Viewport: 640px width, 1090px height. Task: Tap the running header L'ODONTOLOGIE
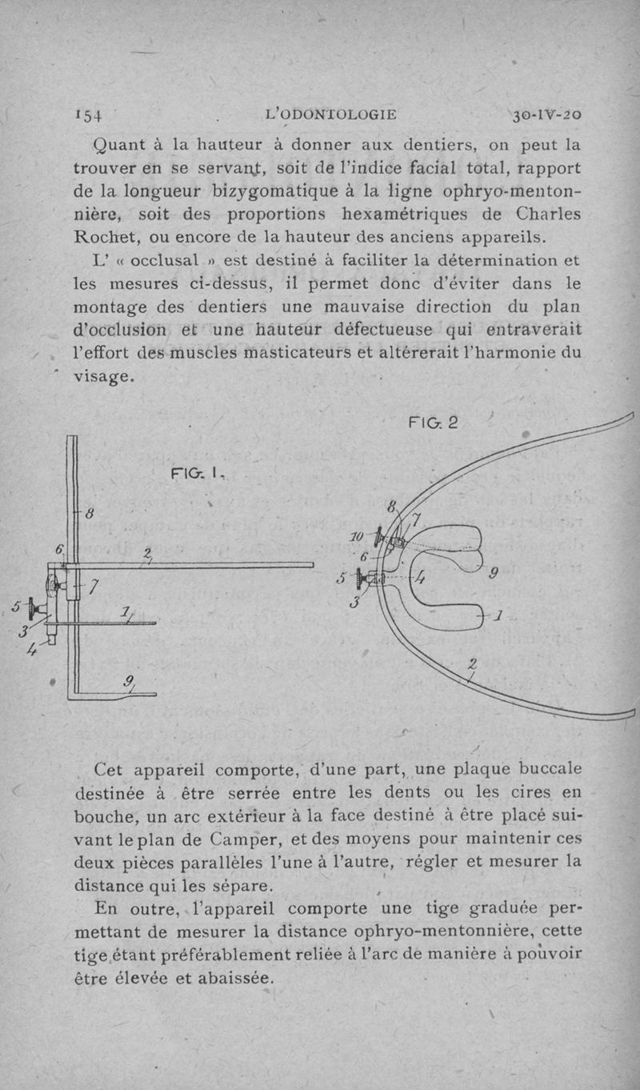coord(330,114)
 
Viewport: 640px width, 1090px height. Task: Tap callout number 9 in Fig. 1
coord(129,681)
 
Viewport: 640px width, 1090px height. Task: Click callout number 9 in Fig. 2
coord(494,572)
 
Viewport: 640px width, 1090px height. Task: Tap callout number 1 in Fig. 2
coord(498,617)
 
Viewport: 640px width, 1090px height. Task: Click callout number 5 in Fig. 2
coord(342,577)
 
